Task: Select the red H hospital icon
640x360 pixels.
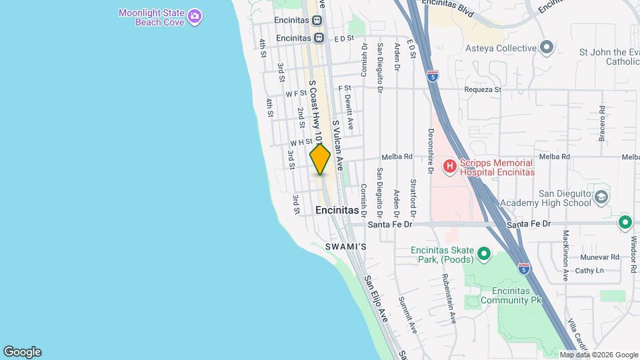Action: click(x=450, y=165)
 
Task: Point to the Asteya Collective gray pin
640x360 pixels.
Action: click(x=547, y=48)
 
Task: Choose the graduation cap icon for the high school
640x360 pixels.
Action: click(x=602, y=197)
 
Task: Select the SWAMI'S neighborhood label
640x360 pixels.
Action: click(x=346, y=247)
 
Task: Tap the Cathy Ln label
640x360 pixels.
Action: click(x=589, y=271)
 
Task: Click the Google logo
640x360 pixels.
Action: click(x=22, y=352)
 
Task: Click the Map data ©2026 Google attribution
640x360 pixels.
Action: click(x=599, y=355)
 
